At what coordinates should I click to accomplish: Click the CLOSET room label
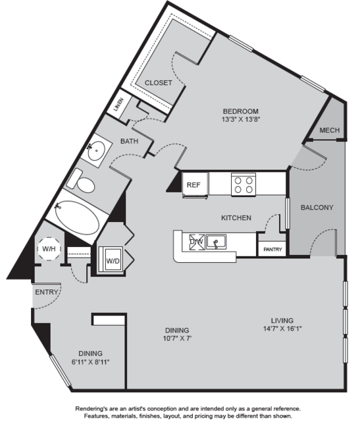158,83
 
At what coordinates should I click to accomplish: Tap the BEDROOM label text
240,111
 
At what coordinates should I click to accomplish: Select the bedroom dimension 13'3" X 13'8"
240,120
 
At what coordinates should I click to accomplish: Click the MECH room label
329,130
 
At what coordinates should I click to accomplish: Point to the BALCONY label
317,208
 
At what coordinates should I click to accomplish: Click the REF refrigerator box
193,185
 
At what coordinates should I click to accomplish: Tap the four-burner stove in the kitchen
242,183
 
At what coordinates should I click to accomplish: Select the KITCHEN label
235,217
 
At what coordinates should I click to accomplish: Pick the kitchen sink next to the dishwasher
217,243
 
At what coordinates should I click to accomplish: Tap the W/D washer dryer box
113,261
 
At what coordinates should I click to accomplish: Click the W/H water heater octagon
49,250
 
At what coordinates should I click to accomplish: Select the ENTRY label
48,292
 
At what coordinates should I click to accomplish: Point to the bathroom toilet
84,181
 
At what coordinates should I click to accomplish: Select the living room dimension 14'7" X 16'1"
280,323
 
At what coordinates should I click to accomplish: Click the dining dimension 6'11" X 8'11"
91,362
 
